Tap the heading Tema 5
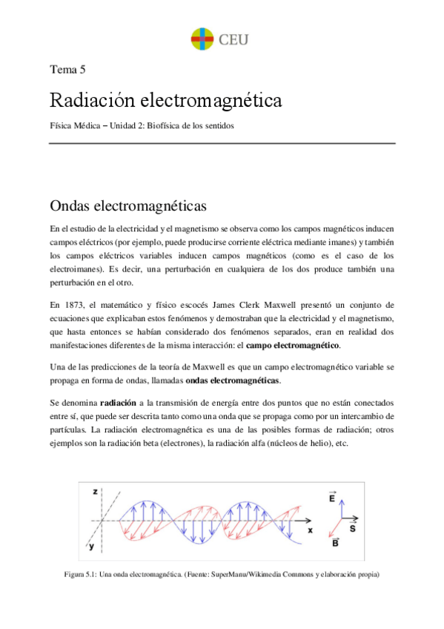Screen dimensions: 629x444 coord(67,70)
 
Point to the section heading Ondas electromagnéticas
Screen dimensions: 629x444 coord(127,205)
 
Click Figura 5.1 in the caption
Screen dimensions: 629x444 coord(81,573)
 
